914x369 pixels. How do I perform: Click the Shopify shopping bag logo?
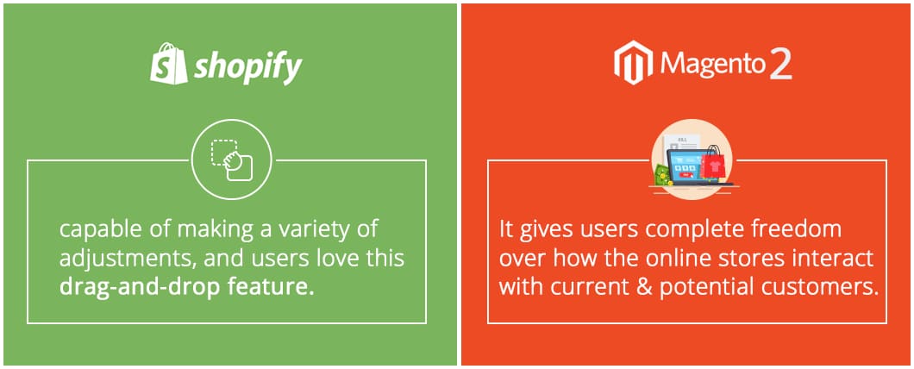click(x=168, y=64)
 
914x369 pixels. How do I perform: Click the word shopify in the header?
click(x=248, y=68)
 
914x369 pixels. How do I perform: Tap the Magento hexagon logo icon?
click(x=633, y=62)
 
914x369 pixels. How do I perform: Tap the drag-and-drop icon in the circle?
click(x=231, y=160)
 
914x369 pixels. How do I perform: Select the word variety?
click(x=309, y=229)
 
